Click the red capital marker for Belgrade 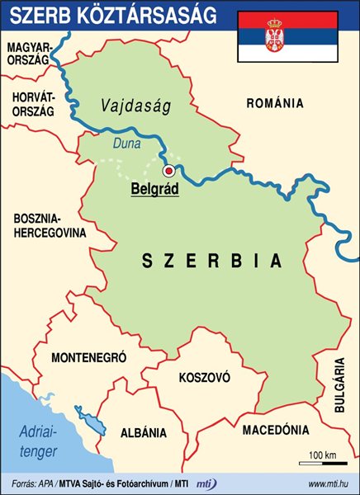(x=168, y=171)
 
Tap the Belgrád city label (x=155, y=189)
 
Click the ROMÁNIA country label (x=275, y=104)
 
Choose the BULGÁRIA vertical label (x=339, y=384)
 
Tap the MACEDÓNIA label (x=276, y=430)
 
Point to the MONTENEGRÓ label (x=88, y=359)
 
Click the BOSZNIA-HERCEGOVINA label (x=50, y=226)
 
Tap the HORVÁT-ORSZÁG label (x=33, y=104)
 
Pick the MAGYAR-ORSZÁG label (x=31, y=57)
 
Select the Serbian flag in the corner (x=287, y=37)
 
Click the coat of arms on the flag (x=273, y=35)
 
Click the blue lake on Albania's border (x=91, y=418)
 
